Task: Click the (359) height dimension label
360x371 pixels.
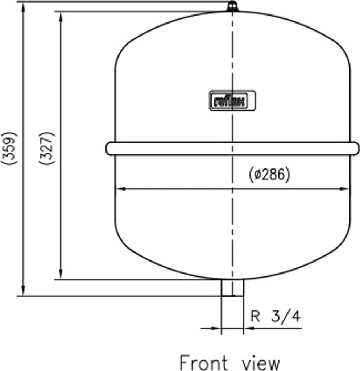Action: (x=9, y=148)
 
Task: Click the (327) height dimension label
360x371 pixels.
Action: (x=47, y=148)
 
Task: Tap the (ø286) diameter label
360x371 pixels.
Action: (x=269, y=174)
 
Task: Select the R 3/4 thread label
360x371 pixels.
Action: (x=276, y=316)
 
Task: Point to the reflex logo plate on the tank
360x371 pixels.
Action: (x=232, y=101)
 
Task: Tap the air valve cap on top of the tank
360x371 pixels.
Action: (x=232, y=6)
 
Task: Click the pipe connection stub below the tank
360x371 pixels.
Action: (x=232, y=288)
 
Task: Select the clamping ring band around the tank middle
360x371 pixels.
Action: (x=232, y=149)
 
